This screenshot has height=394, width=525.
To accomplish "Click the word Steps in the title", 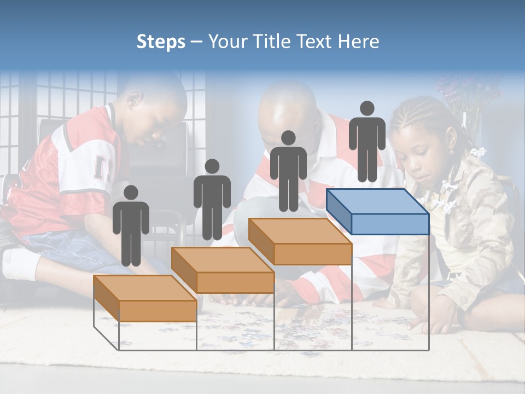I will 161,42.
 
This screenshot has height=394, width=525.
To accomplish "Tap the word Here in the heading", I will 358,42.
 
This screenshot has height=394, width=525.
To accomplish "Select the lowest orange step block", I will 145,298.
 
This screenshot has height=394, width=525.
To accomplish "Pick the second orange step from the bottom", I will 223,270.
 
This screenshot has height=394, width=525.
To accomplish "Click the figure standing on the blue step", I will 367,141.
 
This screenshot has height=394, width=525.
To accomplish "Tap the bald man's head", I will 287,107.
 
